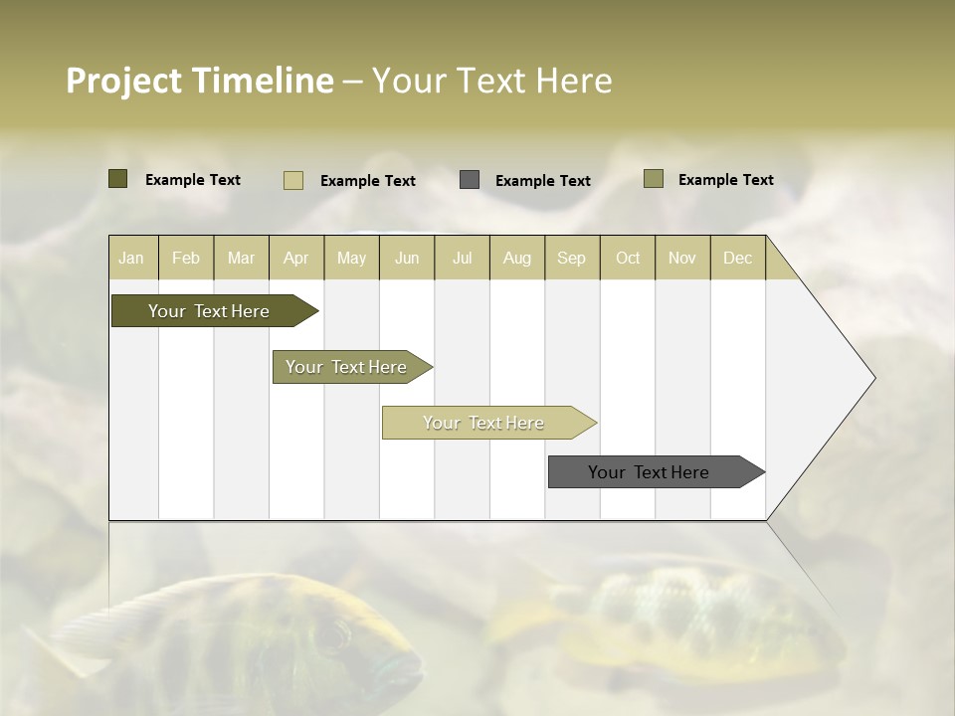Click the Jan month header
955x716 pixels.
click(x=131, y=258)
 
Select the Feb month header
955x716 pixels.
click(x=186, y=258)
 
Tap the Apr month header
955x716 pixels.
click(x=296, y=258)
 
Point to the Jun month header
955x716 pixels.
click(x=407, y=258)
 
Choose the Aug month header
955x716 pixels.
click(x=517, y=258)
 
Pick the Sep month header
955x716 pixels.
click(x=572, y=258)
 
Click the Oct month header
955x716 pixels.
click(x=628, y=258)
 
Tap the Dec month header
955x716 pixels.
click(x=738, y=258)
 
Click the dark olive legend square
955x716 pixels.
click(x=118, y=179)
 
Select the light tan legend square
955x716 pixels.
click(x=293, y=180)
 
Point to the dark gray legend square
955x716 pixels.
click(x=470, y=180)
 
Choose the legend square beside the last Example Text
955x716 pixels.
click(x=654, y=179)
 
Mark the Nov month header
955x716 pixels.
click(x=682, y=258)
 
